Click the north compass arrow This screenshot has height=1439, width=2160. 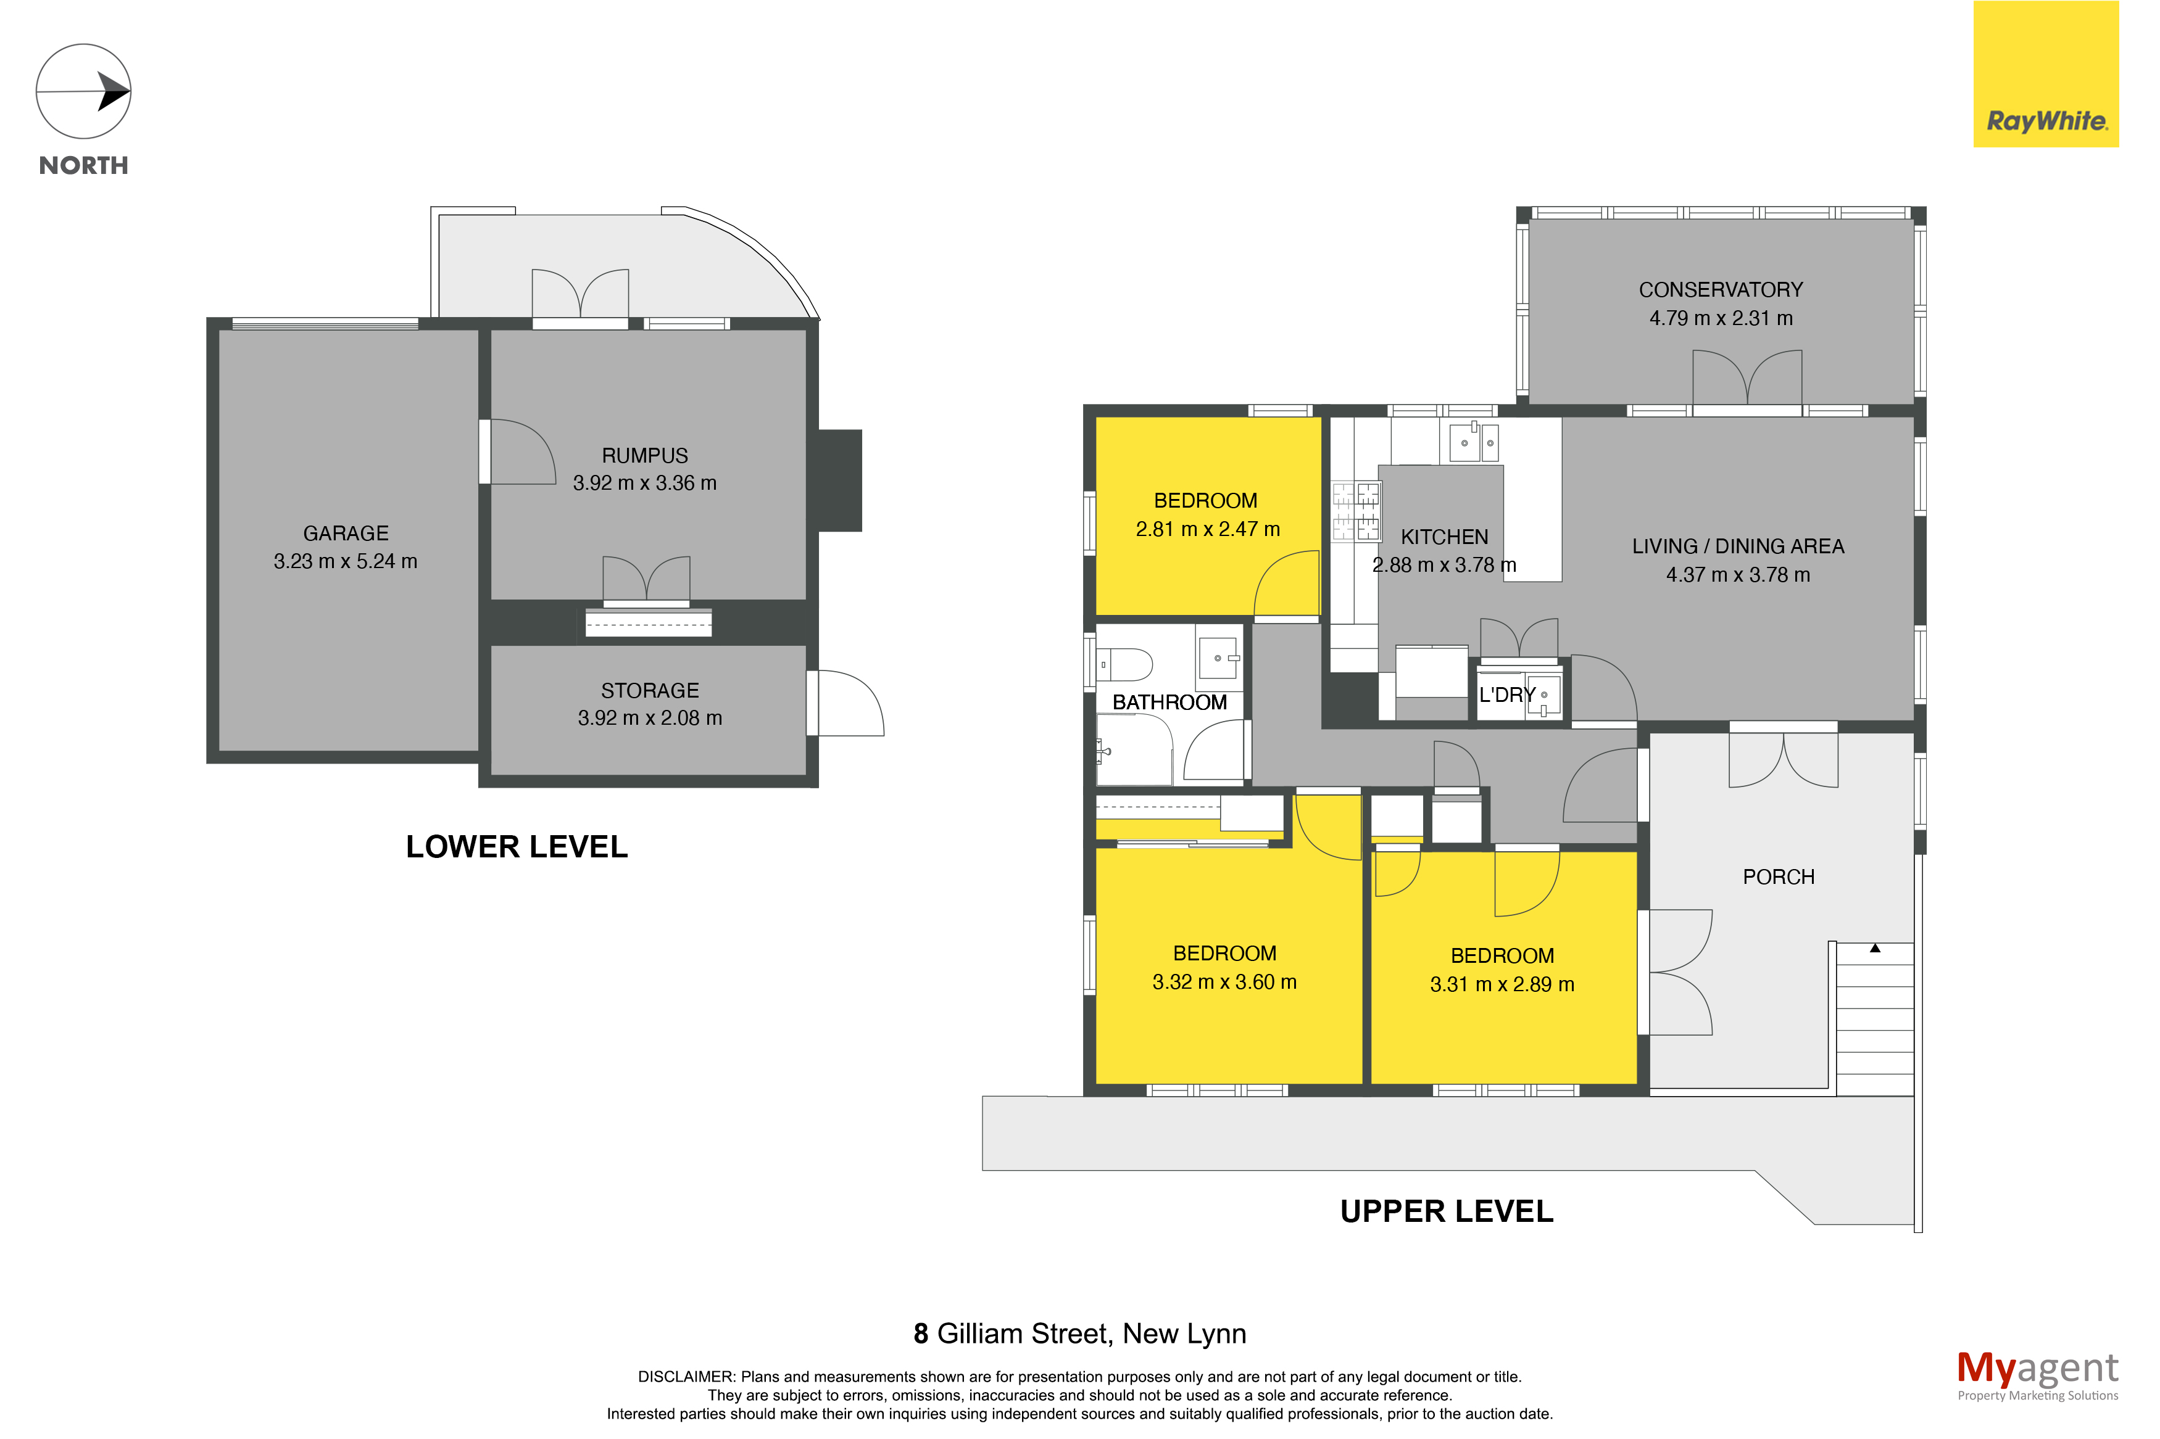click(85, 92)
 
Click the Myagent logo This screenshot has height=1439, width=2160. click(2037, 1375)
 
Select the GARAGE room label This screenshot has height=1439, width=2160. click(346, 533)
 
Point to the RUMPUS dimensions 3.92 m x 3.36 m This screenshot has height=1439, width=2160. click(644, 483)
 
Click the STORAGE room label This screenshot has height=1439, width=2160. click(650, 690)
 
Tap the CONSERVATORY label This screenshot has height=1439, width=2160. click(1721, 290)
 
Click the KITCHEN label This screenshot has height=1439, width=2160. click(1444, 537)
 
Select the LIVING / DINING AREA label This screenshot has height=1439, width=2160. click(1738, 546)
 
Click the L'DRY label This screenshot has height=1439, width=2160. click(1506, 695)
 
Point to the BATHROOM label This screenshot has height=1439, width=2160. click(1169, 702)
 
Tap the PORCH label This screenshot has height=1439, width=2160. click(1778, 876)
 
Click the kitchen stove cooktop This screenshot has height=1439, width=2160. click(1356, 511)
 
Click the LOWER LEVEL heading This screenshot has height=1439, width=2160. click(517, 846)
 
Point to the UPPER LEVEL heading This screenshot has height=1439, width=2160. click(1447, 1211)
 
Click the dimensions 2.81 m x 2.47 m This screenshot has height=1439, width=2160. click(1207, 529)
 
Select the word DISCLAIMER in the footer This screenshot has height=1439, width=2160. click(686, 1377)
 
